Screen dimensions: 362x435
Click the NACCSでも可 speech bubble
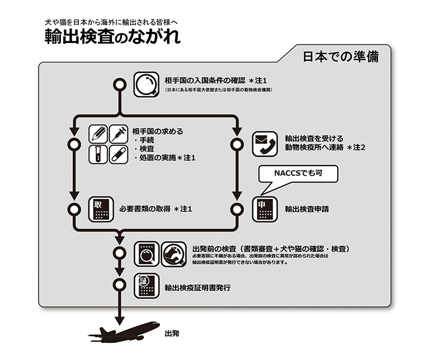(298, 174)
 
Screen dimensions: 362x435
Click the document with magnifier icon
(146, 252)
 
